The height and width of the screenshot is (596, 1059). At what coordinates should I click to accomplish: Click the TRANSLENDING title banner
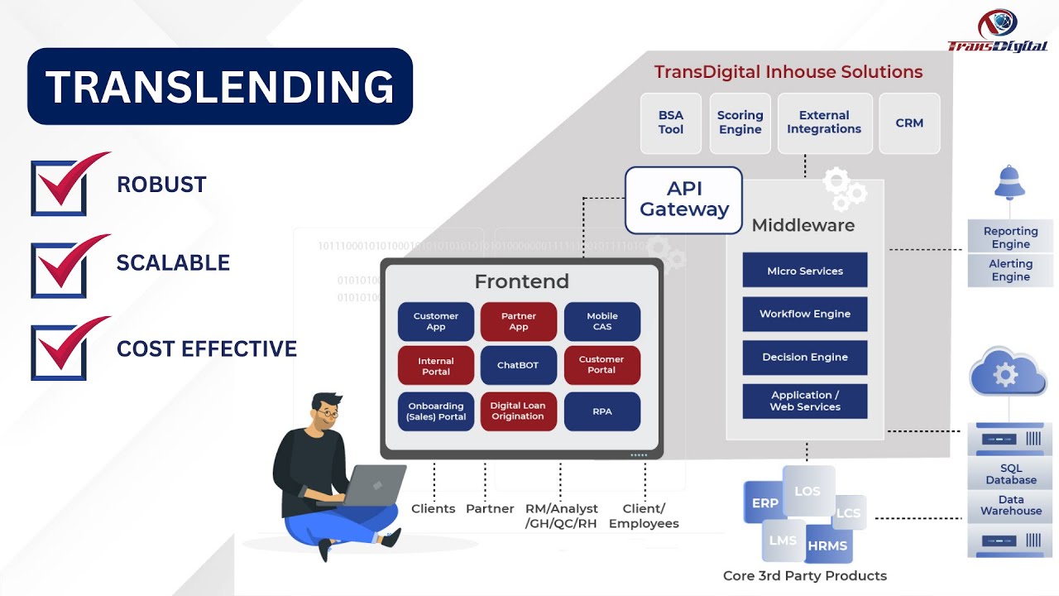[x=219, y=87]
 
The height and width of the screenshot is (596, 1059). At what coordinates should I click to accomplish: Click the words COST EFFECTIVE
[x=207, y=348]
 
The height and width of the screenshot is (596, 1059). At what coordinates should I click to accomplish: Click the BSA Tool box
[x=671, y=123]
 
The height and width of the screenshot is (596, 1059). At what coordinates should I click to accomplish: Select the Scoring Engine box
[x=740, y=123]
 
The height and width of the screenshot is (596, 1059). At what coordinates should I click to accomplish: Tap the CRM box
[x=909, y=123]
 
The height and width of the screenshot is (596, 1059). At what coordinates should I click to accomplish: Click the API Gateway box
[x=684, y=199]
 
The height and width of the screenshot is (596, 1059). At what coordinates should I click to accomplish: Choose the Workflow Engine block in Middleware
[x=805, y=314]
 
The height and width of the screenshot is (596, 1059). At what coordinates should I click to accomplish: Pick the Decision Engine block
[x=805, y=357]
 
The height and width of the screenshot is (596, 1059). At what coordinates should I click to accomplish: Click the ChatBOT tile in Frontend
[x=519, y=365]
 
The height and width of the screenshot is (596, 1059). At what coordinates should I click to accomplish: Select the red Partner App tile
[x=519, y=321]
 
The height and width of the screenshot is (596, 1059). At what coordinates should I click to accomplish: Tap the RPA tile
[x=602, y=411]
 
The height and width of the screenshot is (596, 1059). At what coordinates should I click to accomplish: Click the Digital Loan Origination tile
[x=519, y=411]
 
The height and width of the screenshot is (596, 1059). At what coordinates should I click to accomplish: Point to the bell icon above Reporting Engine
[x=1009, y=183]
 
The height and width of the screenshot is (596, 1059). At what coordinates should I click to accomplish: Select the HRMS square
[x=827, y=545]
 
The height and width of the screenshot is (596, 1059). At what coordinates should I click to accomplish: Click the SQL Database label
[x=1010, y=474]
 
